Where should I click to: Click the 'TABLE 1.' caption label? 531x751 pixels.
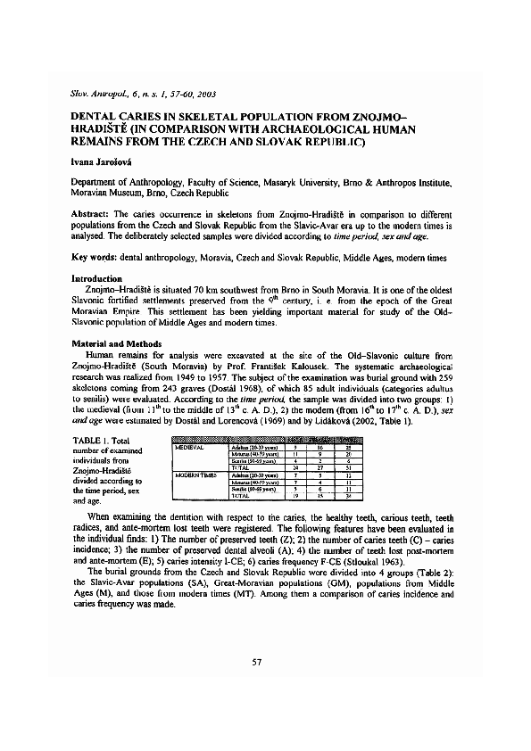pos(91,441)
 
